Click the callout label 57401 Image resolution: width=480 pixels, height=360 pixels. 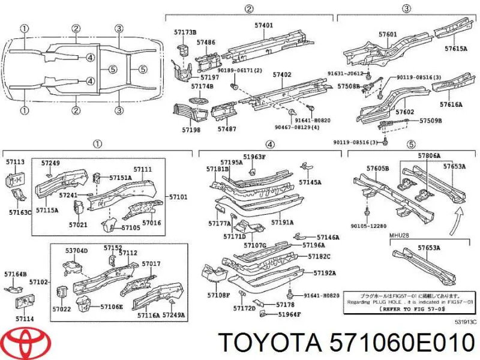pos(264,26)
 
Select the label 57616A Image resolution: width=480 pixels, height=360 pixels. pos(451,104)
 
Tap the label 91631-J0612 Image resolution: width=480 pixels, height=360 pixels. pos(346,74)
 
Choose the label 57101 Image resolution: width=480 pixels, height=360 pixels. pos(178,197)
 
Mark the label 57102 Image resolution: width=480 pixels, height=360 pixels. pos(38,281)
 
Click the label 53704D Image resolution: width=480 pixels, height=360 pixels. pos(76,250)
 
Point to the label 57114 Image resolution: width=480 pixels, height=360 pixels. pos(25,318)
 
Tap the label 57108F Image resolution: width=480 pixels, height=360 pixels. pos(218,295)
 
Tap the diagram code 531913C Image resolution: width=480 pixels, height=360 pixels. pos(466,322)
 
